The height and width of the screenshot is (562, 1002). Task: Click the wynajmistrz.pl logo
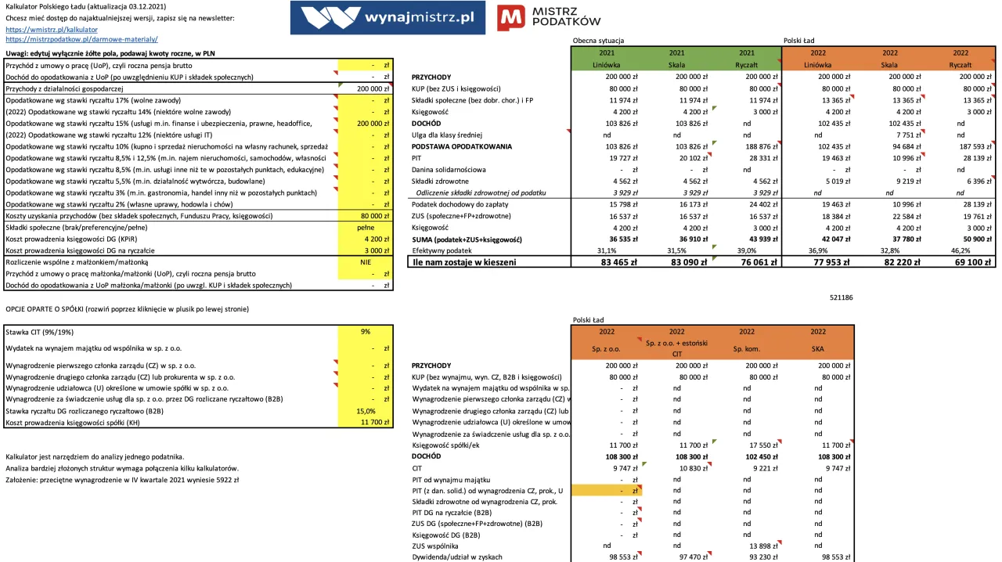(x=387, y=18)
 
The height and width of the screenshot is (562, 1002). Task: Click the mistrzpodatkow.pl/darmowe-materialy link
(x=81, y=38)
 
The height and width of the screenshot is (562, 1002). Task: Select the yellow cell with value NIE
(x=366, y=263)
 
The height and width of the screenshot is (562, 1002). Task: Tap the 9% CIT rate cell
(x=366, y=332)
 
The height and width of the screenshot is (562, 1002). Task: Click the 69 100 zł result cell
(x=971, y=263)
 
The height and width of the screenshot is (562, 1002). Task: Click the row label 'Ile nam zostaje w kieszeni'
(x=464, y=263)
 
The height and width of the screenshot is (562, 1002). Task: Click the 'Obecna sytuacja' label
(x=599, y=40)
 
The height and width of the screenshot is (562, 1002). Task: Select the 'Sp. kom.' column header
(x=747, y=348)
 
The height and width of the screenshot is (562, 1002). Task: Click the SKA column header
(x=818, y=348)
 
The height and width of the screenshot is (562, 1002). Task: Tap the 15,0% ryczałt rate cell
(x=366, y=411)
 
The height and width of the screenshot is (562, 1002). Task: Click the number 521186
(x=840, y=297)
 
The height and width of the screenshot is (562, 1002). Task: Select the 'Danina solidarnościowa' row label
(x=449, y=169)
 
